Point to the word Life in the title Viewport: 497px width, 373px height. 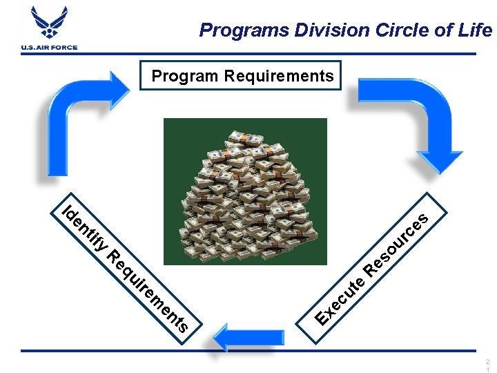(476, 30)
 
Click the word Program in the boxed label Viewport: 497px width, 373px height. (184, 75)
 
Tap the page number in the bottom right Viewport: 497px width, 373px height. (487, 365)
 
